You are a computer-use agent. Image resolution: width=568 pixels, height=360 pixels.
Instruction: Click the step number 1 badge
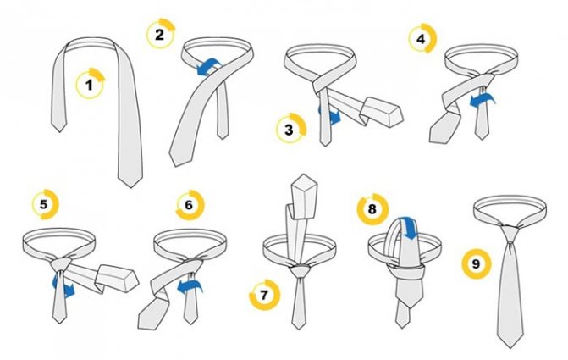pyautogui.click(x=90, y=84)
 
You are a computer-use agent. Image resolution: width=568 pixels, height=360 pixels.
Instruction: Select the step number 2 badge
pyautogui.click(x=160, y=34)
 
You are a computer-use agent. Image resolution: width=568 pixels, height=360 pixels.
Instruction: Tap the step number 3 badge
pyautogui.click(x=290, y=129)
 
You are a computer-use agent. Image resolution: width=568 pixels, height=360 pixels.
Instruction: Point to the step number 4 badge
pyautogui.click(x=422, y=38)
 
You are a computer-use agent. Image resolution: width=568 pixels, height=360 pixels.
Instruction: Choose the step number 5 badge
pyautogui.click(x=45, y=204)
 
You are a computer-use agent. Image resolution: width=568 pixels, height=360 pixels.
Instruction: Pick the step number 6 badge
pyautogui.click(x=190, y=205)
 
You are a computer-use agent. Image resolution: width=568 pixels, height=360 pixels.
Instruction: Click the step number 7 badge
pyautogui.click(x=265, y=295)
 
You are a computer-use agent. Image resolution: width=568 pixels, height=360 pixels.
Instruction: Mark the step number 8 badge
pyautogui.click(x=372, y=209)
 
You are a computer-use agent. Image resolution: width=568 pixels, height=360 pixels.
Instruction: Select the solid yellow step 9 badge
pyautogui.click(x=477, y=264)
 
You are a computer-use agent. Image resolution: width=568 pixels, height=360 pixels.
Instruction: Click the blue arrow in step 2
pyautogui.click(x=209, y=68)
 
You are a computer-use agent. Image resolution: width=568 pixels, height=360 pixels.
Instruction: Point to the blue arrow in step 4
pyautogui.click(x=483, y=100)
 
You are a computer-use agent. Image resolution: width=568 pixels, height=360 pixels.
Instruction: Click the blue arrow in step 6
pyautogui.click(x=190, y=285)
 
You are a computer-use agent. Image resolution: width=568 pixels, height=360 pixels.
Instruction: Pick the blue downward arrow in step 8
pyautogui.click(x=408, y=228)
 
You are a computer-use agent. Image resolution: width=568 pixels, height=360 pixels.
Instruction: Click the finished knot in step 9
pyautogui.click(x=510, y=235)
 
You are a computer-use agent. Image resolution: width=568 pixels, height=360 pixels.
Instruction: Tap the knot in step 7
pyautogui.click(x=300, y=270)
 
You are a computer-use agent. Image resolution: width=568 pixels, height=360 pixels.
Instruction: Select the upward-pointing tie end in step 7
pyautogui.click(x=304, y=197)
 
